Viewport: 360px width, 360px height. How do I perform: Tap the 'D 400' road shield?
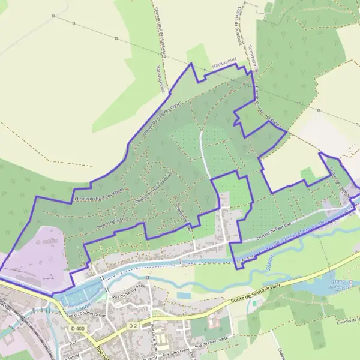pyautogui.click(x=76, y=329)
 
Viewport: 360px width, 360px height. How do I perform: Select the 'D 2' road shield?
pyautogui.click(x=133, y=325)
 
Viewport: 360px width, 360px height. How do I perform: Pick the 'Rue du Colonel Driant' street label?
pyautogui.click(x=86, y=314)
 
